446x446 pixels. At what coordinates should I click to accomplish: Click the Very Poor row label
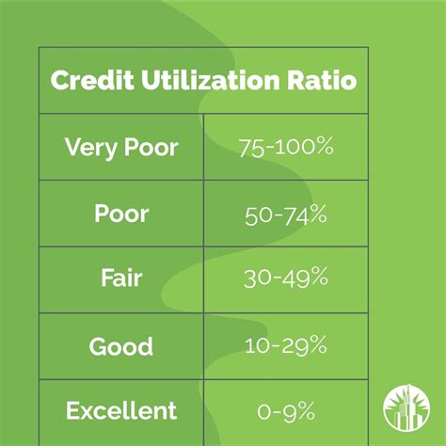click(x=120, y=147)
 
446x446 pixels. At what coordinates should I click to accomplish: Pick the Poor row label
click(x=121, y=214)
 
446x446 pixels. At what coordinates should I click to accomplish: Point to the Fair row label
click(x=120, y=279)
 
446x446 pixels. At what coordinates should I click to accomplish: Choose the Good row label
click(x=120, y=345)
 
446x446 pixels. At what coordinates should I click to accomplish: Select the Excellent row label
click(x=120, y=411)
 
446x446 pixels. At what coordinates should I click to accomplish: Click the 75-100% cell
click(x=284, y=148)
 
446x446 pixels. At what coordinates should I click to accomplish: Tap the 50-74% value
click(x=284, y=214)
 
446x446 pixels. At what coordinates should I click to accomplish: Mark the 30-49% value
click(x=284, y=279)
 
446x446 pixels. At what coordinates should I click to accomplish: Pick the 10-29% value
click(x=284, y=345)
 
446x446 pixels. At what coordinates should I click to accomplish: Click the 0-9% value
click(x=284, y=411)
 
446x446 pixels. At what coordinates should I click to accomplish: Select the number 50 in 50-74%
click(x=257, y=214)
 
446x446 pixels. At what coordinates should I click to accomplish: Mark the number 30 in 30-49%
click(x=257, y=279)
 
